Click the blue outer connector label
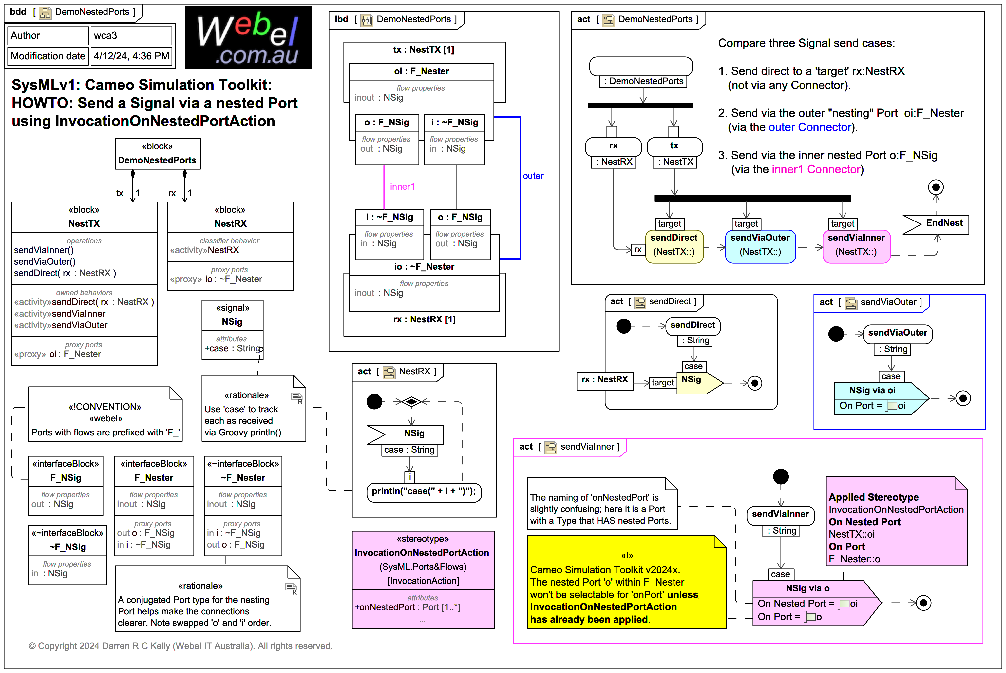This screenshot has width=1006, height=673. coord(533,176)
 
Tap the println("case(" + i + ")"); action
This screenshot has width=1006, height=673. coord(424,491)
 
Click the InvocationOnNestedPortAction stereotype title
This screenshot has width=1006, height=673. coord(421,553)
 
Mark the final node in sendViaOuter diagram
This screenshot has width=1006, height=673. coord(963,398)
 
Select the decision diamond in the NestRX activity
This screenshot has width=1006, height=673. coord(411,402)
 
